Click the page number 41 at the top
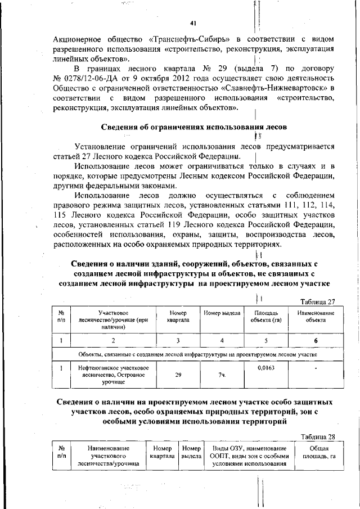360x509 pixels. pos(193,22)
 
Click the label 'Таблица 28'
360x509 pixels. pos(317,436)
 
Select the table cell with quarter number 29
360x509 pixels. pos(178,374)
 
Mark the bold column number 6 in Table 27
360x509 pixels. pos(316,340)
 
